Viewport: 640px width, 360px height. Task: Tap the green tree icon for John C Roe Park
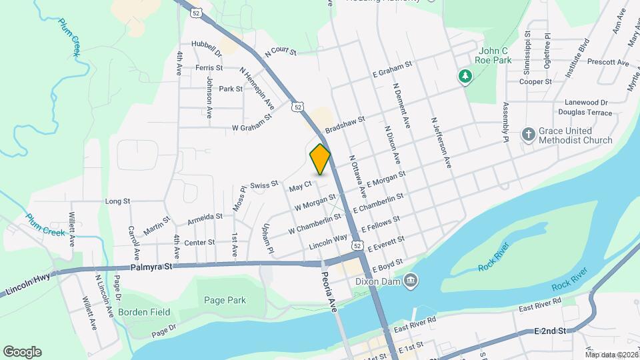coord(464,77)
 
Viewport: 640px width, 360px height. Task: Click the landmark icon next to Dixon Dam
coord(411,279)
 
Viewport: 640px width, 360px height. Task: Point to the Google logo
coord(22,351)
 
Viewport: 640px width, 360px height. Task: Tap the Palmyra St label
coord(151,267)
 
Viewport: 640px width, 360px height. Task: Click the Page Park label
coord(225,301)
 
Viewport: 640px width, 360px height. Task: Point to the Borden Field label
coord(144,312)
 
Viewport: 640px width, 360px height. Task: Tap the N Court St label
coord(279,51)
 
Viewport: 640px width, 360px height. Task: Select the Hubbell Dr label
coord(205,45)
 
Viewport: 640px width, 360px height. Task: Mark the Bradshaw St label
coord(345,125)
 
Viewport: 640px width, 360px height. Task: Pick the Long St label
coord(117,201)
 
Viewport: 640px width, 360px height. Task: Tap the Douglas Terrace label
coord(579,114)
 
